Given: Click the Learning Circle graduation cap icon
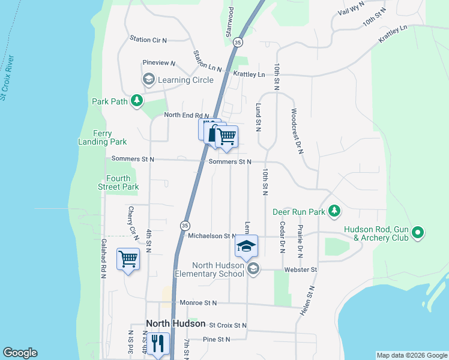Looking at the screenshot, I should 148,79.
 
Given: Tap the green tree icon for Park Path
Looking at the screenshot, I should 137,101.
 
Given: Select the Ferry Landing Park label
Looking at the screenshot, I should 102,137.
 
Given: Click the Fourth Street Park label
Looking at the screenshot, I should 122,182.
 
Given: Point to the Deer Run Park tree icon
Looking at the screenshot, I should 335,211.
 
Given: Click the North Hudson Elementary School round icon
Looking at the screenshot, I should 253,269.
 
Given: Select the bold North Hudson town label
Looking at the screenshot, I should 176,323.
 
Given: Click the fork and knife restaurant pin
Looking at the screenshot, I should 158,344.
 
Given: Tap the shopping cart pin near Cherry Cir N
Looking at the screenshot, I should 128,259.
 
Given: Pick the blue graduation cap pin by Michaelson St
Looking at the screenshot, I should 246,246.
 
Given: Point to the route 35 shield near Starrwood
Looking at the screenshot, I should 238,43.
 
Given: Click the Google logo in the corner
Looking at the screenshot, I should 20,353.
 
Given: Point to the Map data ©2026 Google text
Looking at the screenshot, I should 411,355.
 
